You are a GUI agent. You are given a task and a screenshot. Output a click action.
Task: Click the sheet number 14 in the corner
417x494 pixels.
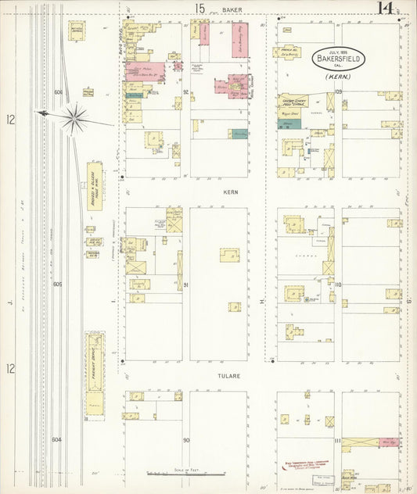[x=384, y=9]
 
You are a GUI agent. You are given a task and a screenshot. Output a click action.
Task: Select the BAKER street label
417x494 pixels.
[x=231, y=9]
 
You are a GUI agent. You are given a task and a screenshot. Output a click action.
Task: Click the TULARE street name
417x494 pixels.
[x=230, y=375]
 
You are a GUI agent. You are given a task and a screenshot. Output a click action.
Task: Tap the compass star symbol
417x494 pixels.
[x=77, y=117]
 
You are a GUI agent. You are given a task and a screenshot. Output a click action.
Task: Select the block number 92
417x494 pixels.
[x=186, y=92]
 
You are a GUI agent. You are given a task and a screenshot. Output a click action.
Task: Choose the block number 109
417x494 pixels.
[x=338, y=92]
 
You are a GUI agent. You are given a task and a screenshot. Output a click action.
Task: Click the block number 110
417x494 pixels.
[x=338, y=285]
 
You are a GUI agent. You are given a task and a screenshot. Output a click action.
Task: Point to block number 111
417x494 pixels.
[x=338, y=441]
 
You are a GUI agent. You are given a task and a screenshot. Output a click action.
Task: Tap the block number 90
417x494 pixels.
[x=186, y=441]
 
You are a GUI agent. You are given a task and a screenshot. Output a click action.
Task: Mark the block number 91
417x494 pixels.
[x=186, y=285]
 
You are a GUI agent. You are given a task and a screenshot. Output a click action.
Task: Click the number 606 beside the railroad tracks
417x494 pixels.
[x=57, y=92]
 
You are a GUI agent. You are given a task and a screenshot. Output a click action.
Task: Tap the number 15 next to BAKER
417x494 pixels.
[x=200, y=9]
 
